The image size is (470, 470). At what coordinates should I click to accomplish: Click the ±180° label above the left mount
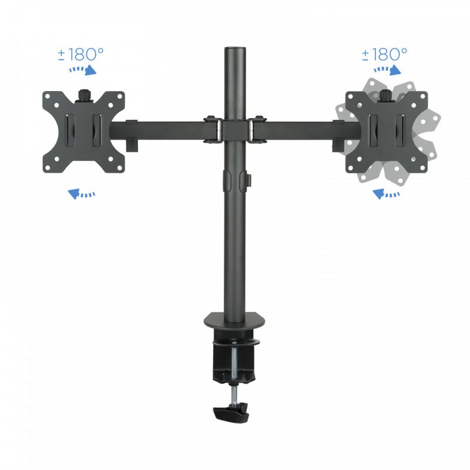80,55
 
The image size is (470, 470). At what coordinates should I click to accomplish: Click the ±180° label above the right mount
384,55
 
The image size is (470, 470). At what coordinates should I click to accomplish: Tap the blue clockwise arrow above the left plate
82,70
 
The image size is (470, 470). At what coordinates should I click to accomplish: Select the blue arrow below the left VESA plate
82,193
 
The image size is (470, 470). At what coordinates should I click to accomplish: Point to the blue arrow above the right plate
387,70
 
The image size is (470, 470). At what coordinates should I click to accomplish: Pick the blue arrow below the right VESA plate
385,193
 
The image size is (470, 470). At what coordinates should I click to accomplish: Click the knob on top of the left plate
83,94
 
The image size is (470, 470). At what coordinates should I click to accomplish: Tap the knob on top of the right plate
385,94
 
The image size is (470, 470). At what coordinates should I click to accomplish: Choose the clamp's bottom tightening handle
232,412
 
